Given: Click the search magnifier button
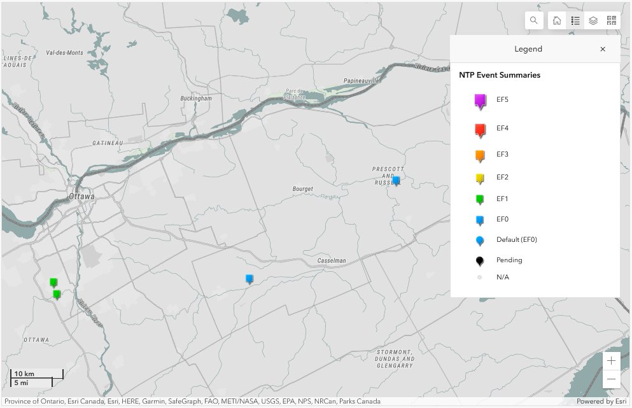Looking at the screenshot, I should pos(534,20).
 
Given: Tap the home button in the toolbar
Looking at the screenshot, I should pos(557,20).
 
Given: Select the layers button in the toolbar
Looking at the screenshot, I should pos(593,20).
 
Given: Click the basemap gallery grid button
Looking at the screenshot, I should pos(612,20).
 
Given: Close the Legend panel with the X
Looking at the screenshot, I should pos(603,49).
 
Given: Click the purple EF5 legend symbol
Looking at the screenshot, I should pos(481,101).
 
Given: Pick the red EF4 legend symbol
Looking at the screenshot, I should pos(481,130).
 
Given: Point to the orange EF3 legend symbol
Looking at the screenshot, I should pos(481,155).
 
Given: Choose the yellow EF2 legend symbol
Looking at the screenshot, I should pos(481,178).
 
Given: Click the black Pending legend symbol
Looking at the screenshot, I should pos(480,260).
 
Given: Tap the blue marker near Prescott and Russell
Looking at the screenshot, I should pos(396,181).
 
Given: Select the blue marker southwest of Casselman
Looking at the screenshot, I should pos(249,279).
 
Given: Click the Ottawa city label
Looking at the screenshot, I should pos(82,197).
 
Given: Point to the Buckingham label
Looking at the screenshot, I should pos(196,99).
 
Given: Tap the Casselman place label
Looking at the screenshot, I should pos(332,261).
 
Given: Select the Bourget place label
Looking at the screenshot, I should pos(302,189).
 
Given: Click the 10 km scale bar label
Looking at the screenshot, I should pos(24,373).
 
